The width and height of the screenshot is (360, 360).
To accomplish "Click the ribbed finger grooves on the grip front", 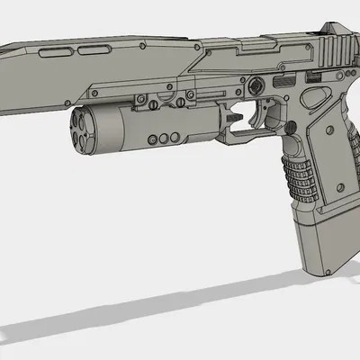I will tap(299, 172).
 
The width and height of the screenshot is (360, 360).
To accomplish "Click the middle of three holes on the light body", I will tap(164, 139).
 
